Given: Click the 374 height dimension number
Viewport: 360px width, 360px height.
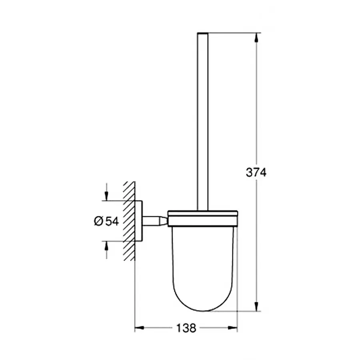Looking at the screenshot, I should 256,173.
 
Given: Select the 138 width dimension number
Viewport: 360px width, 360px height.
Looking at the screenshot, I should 186,328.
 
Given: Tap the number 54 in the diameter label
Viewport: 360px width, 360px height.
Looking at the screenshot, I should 112,221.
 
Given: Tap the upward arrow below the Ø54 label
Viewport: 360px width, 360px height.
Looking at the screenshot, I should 106,247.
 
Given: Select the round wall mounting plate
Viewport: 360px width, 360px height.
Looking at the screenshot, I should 139,220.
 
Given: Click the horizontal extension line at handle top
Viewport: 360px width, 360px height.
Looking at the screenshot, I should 236,32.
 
